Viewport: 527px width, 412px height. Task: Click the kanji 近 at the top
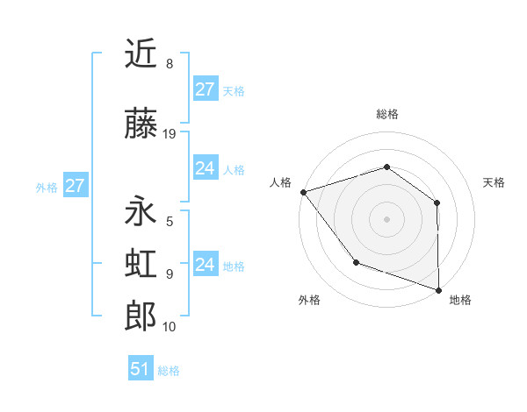pyautogui.click(x=141, y=54)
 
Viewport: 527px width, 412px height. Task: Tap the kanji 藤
pyautogui.click(x=141, y=124)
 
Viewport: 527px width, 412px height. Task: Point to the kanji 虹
pyautogui.click(x=141, y=264)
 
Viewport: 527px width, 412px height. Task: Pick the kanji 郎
pyautogui.click(x=141, y=316)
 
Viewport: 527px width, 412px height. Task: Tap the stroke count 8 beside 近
pyautogui.click(x=170, y=64)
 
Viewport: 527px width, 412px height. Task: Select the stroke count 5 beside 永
pyautogui.click(x=170, y=221)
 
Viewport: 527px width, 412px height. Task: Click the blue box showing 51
pyautogui.click(x=141, y=369)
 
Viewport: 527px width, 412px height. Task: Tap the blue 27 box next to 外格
pyautogui.click(x=75, y=186)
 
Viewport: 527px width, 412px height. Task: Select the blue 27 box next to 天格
pyautogui.click(x=206, y=89)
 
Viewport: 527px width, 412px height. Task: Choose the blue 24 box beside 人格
pyautogui.click(x=206, y=168)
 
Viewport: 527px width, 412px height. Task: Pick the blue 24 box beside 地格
pyautogui.click(x=206, y=265)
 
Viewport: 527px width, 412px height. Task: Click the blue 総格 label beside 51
pyautogui.click(x=169, y=371)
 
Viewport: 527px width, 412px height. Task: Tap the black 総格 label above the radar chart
pyautogui.click(x=386, y=114)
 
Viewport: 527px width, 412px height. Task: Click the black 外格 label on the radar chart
pyautogui.click(x=309, y=300)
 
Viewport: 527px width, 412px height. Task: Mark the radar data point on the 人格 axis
pyautogui.click(x=303, y=192)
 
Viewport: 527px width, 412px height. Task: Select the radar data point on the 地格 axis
pyautogui.click(x=437, y=288)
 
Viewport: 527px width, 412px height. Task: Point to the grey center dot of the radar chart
pyautogui.click(x=386, y=218)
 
